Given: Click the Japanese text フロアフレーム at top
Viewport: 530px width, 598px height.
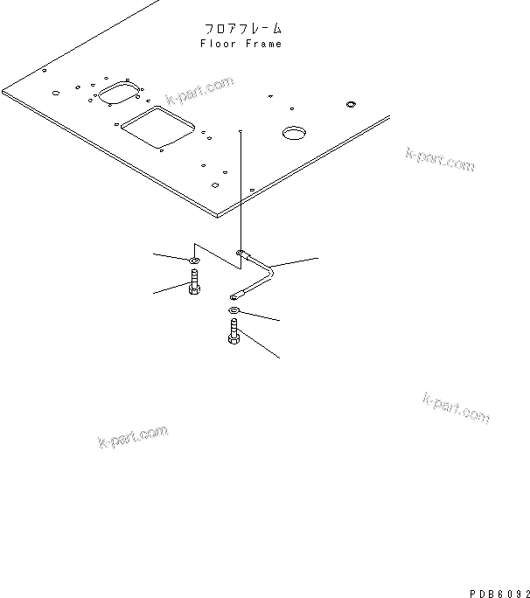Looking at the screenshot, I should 241,29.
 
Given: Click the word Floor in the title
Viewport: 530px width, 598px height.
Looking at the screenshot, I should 216,44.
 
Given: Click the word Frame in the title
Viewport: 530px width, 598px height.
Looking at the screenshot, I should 265,44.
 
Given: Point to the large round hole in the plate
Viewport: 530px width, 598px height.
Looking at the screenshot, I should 293,133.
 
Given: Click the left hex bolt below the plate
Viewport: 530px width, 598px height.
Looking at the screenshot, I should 193,283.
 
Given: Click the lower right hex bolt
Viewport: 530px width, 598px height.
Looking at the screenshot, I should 234,332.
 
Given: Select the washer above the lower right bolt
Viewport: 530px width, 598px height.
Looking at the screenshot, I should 234,311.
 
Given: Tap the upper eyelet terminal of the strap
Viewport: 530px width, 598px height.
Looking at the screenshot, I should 241,253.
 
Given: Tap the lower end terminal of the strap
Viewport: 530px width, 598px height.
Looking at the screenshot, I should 234,296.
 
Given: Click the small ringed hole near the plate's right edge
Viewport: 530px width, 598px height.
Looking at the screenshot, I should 351,105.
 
